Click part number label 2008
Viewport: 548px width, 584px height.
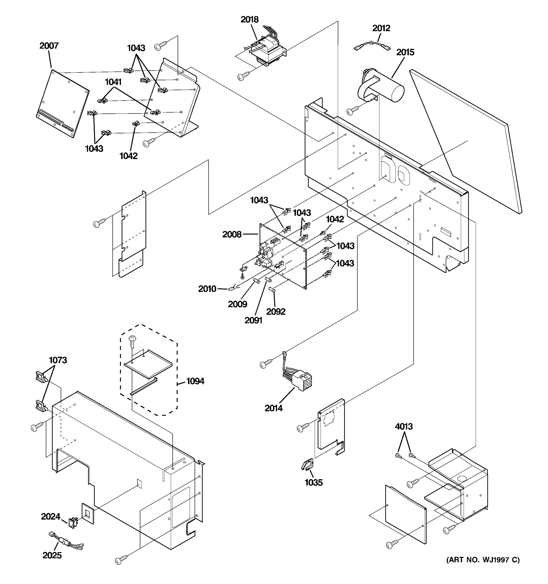click(232, 234)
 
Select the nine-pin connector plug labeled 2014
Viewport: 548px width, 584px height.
click(303, 380)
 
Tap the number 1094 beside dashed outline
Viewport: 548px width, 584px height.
click(195, 381)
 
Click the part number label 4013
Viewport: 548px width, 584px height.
click(404, 426)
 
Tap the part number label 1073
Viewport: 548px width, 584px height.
click(58, 360)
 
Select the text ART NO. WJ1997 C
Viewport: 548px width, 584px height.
click(483, 568)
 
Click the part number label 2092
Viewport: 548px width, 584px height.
click(276, 311)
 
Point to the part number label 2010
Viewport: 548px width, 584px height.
click(207, 289)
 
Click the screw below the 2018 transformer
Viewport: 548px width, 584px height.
click(243, 76)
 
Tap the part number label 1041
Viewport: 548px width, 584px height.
click(113, 82)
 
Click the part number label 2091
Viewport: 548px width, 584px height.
click(253, 320)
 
